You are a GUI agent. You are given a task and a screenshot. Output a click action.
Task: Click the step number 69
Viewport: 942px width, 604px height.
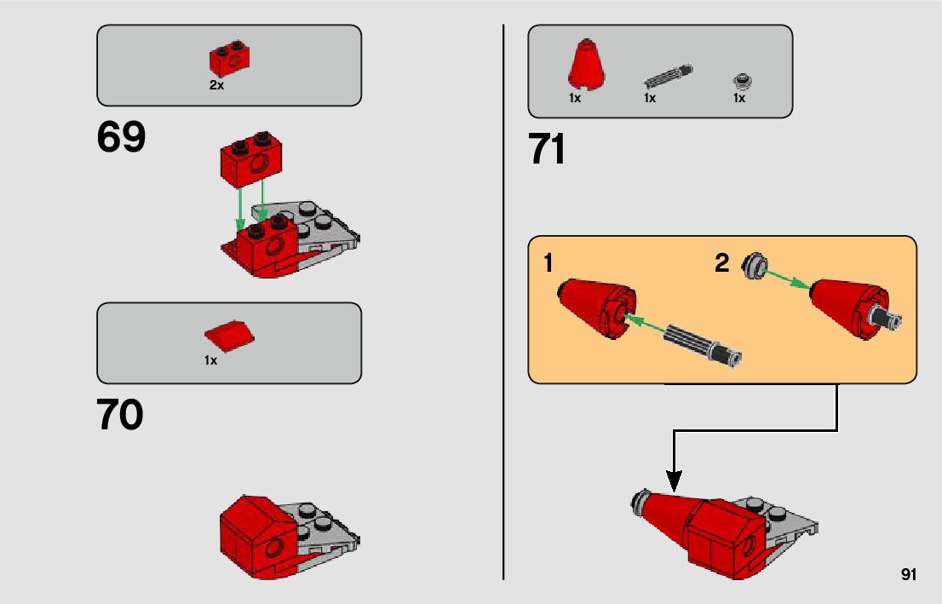121,138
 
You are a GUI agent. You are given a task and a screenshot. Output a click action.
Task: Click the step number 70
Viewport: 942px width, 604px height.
120,416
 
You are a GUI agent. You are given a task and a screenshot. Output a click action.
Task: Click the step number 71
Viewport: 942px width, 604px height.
547,151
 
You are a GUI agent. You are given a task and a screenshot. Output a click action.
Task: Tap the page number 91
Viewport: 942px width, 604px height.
908,575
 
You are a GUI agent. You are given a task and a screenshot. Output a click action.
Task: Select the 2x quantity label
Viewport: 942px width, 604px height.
216,86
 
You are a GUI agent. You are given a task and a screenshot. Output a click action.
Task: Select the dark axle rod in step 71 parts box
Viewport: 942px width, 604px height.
668,75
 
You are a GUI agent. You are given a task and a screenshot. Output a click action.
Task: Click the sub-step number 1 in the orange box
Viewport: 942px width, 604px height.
549,264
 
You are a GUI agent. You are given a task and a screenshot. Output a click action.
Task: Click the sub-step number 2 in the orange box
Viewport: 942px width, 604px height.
722,264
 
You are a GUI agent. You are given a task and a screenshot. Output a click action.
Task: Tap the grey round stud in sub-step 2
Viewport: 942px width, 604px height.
754,266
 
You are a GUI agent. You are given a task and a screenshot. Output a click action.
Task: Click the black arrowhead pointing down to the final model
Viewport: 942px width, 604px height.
674,483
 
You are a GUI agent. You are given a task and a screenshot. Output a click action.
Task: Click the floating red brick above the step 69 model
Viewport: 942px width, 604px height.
252,159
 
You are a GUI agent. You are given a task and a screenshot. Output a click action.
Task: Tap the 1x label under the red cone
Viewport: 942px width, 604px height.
575,99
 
